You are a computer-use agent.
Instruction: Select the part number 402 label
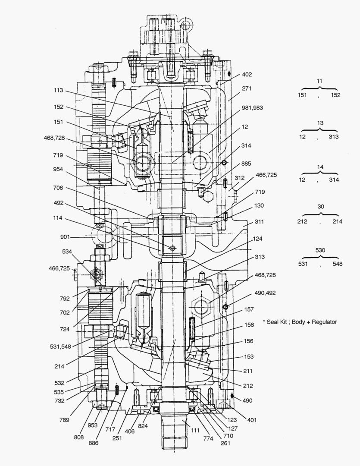[247, 74]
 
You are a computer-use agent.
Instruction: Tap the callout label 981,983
[252, 107]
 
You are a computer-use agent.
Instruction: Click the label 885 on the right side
[247, 164]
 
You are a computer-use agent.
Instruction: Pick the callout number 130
[260, 206]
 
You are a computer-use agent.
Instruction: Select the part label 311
[260, 222]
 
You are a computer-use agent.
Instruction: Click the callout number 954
[58, 170]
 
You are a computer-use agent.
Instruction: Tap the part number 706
[58, 188]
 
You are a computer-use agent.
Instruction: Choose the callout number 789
[65, 418]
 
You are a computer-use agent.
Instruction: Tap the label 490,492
[266, 293]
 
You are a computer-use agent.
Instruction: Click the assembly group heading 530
[320, 250]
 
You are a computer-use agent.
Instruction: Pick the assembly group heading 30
[320, 207]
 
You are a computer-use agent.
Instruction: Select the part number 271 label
[247, 88]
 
